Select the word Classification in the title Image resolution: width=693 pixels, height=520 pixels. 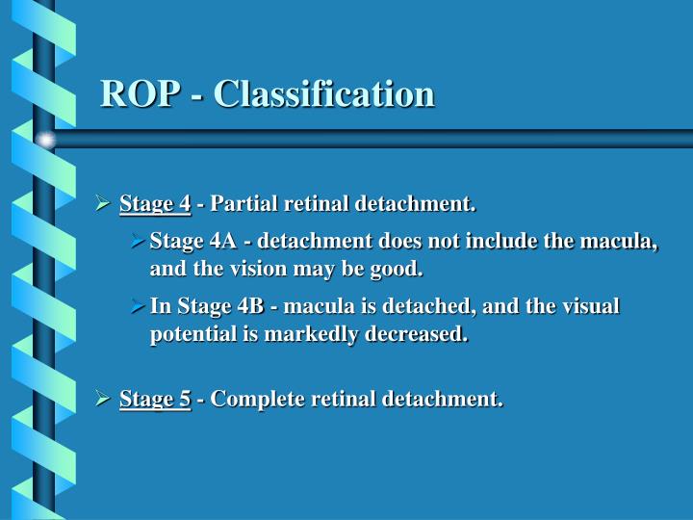click(x=323, y=93)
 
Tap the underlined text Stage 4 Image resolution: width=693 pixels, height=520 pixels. click(x=155, y=204)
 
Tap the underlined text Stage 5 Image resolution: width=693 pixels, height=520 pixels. click(x=155, y=398)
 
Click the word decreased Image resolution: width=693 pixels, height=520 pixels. click(x=422, y=334)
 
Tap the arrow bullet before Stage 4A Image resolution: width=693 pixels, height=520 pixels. click(x=137, y=240)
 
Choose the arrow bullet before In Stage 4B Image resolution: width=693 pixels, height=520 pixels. click(x=137, y=306)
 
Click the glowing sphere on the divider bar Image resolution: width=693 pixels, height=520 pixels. click(x=45, y=141)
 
